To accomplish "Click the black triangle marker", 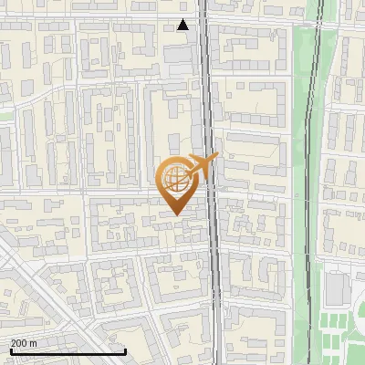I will tap(183, 25).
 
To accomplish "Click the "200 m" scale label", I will tap(24, 343).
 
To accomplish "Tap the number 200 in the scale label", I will tap(19, 343).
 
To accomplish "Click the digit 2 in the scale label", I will tap(14, 343).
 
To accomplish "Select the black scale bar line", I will tap(68, 351).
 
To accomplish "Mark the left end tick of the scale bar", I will tap(11, 349).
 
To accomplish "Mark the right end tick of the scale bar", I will tap(125, 349).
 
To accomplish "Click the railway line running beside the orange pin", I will tap(213, 228).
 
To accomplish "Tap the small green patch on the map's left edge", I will tap(5, 116).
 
